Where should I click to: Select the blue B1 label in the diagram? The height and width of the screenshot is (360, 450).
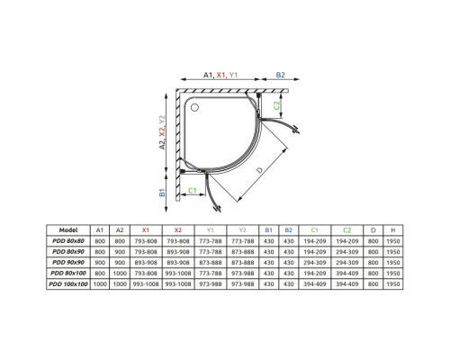163,193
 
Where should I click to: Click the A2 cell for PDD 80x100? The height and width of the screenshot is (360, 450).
119,274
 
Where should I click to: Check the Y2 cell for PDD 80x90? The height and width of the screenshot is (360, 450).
240,252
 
